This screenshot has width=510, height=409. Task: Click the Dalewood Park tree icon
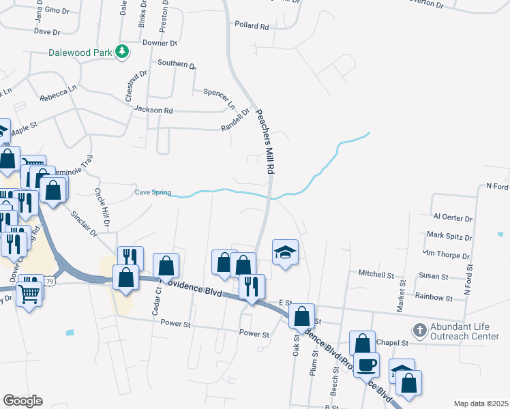click(122, 51)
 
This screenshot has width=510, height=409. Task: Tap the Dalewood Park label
click(80, 52)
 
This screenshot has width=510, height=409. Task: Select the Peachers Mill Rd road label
click(265, 141)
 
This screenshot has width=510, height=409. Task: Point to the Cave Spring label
click(153, 192)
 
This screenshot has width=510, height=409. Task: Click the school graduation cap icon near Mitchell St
click(286, 253)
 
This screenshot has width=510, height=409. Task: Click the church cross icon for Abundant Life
click(420, 331)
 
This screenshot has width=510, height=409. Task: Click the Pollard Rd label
click(252, 25)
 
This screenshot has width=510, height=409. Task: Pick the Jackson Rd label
click(153, 110)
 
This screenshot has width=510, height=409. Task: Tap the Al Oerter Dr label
click(453, 218)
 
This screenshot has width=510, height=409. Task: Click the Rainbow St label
click(434, 297)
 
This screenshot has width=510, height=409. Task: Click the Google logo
click(22, 400)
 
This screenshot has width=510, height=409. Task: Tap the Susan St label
click(434, 277)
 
